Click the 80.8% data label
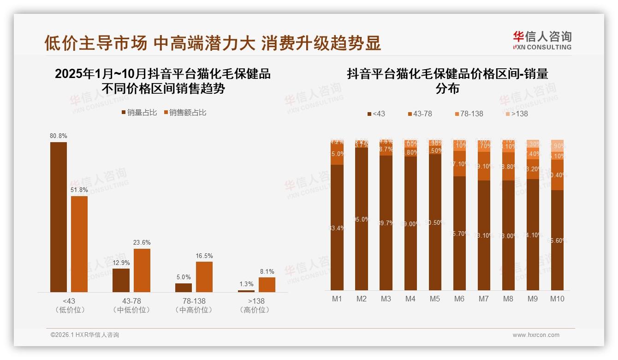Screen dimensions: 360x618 [x=59, y=136]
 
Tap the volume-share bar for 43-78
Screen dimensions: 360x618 [x=121, y=280]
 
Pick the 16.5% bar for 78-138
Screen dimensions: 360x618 [x=204, y=276]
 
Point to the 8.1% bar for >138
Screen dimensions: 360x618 [x=267, y=284]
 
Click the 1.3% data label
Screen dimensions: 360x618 [x=246, y=284]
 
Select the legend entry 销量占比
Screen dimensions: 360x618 [x=139, y=112]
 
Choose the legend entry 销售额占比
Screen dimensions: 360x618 [x=184, y=112]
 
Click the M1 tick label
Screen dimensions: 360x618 [x=337, y=299]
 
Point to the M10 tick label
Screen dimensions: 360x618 [x=557, y=299]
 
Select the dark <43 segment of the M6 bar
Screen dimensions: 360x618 [x=459, y=233]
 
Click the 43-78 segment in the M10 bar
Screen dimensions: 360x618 [x=557, y=175]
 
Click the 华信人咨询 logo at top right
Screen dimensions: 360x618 [x=542, y=40]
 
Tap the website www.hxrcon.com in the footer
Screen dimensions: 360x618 [x=536, y=335]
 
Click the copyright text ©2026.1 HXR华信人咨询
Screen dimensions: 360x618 [x=85, y=335]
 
